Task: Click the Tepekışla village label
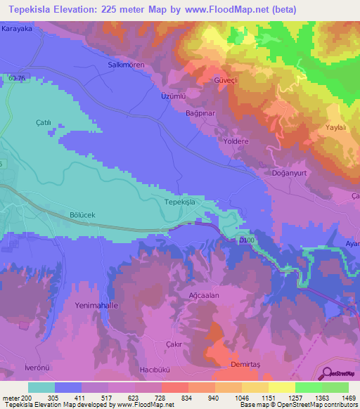coord(179,202)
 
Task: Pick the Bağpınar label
coord(200,112)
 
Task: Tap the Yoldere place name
coord(236,141)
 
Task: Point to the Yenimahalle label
coord(98,306)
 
